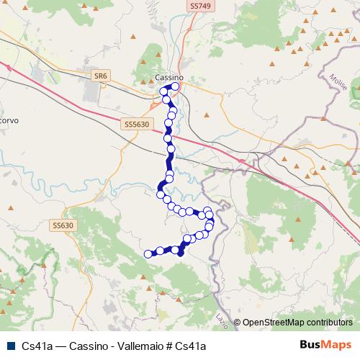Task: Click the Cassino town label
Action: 170,77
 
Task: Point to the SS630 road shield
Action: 63,225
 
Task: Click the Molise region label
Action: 342,78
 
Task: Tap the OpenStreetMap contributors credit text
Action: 297,323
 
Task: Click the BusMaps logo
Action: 325,345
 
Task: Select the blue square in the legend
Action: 8,346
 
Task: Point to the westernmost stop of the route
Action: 148,253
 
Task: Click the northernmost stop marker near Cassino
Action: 175,86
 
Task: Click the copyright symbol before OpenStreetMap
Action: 237,323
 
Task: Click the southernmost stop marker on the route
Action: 181,252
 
